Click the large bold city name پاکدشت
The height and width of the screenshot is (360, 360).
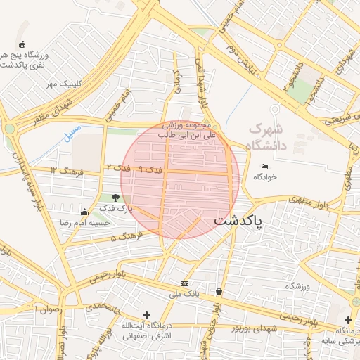click(238, 220)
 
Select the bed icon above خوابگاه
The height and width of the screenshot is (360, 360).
click(264, 166)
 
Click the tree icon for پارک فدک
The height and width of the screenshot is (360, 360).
click(115, 198)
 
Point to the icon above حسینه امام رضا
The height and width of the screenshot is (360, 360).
click(85, 212)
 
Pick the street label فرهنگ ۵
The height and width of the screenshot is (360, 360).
click(124, 238)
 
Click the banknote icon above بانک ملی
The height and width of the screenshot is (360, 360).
click(184, 283)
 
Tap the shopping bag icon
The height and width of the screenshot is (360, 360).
click(219, 291)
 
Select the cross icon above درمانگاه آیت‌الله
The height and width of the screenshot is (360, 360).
click(146, 315)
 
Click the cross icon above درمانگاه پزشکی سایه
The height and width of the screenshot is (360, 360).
click(348, 320)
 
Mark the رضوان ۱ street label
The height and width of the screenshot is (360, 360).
click(50, 308)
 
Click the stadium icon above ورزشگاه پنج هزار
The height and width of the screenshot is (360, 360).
click(22, 44)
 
